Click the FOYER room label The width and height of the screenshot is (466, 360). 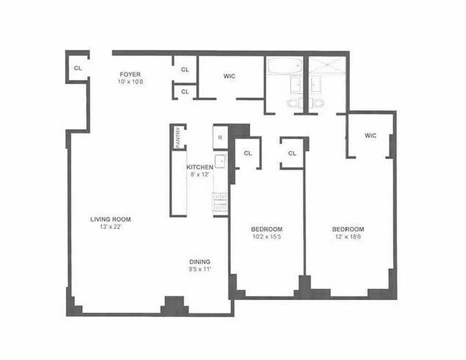point(130,74)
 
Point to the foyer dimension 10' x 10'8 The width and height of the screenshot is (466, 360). point(130,82)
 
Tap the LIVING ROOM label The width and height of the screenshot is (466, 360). point(110,220)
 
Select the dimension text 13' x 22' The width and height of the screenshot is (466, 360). point(110,227)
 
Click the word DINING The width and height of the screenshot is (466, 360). point(199,262)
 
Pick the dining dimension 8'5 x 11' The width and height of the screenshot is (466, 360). point(199,269)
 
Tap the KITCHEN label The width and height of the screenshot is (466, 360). point(199,167)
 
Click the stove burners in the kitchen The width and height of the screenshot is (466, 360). point(220,202)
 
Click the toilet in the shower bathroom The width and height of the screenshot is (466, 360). point(318,103)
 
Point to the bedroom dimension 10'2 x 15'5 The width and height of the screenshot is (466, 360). point(267,236)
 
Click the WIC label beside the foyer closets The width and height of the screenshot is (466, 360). point(229,76)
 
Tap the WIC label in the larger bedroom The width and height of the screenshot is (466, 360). point(371,135)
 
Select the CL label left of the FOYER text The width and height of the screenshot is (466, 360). point(78,68)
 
